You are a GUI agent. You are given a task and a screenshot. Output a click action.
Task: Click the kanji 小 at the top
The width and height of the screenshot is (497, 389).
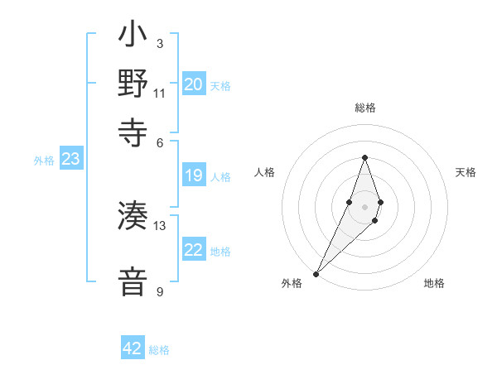click(x=133, y=37)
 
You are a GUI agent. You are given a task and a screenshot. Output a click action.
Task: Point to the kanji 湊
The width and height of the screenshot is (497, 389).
click(x=133, y=216)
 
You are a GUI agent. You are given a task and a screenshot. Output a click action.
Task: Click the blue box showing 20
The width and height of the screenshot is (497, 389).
click(x=193, y=84)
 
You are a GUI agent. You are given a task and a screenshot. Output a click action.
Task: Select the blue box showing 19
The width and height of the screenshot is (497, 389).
click(x=193, y=175)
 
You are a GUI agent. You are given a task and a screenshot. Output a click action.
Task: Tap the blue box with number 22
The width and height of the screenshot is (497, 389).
click(x=193, y=250)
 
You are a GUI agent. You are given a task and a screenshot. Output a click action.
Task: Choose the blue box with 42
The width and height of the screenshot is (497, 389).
click(x=133, y=348)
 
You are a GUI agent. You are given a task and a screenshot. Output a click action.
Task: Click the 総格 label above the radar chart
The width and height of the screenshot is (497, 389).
click(x=364, y=108)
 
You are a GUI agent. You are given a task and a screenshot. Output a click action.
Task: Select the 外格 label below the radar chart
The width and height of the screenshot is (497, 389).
click(x=292, y=283)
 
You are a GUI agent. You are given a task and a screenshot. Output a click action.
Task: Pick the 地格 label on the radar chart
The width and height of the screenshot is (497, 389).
click(x=434, y=283)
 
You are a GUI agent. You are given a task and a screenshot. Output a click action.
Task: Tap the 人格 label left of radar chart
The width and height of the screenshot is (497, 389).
click(x=264, y=172)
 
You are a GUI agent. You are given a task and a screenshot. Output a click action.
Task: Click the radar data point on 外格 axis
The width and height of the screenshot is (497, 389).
click(x=316, y=273)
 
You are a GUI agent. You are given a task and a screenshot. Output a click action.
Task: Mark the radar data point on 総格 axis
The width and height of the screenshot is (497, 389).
click(x=364, y=158)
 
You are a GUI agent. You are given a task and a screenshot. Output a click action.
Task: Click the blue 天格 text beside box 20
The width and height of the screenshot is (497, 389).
click(x=220, y=86)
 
